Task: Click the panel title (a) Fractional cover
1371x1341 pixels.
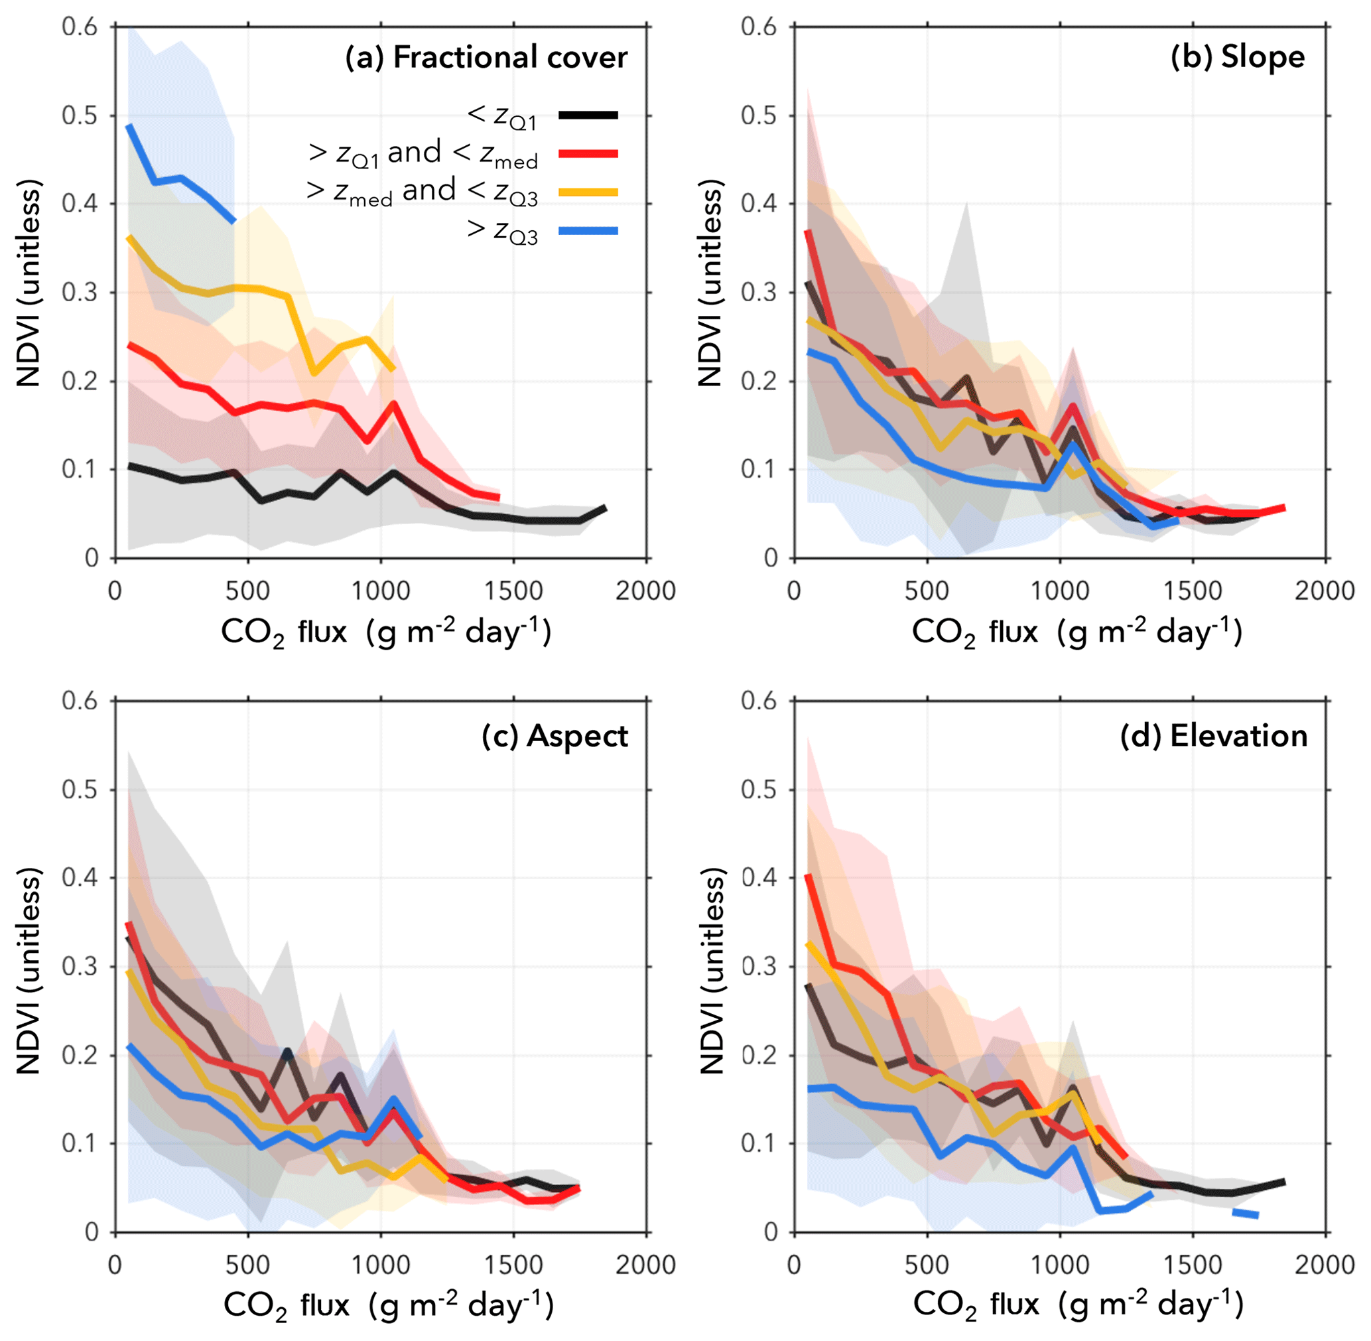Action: pos(486,57)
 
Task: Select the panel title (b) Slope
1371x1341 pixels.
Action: pos(1237,57)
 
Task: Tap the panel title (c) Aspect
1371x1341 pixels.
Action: pos(555,736)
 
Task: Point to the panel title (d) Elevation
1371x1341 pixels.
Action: pos(1214,736)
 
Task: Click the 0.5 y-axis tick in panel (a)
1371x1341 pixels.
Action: pos(80,115)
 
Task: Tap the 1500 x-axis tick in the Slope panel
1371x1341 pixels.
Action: pos(1193,590)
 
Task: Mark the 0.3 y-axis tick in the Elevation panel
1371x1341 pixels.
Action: pos(759,966)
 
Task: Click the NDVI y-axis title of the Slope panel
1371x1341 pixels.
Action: pos(710,283)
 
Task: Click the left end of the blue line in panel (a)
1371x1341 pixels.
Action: pos(129,126)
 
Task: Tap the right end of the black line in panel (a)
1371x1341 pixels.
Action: pos(605,508)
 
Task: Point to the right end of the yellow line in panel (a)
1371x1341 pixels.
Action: pos(393,369)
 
